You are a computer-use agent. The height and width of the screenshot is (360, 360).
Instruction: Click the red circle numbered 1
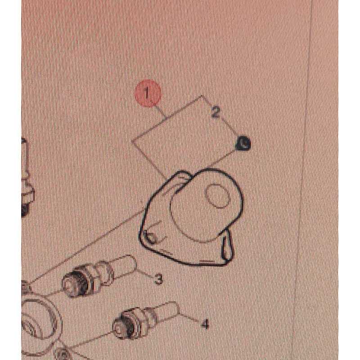(148, 93)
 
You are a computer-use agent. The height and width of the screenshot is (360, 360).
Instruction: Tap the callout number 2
(216, 112)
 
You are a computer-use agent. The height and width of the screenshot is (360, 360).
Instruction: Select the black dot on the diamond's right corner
(243, 144)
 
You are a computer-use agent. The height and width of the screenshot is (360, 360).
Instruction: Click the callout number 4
(205, 324)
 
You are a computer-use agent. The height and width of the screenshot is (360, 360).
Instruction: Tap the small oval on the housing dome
(217, 196)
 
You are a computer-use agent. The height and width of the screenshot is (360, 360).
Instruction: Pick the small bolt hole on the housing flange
(150, 237)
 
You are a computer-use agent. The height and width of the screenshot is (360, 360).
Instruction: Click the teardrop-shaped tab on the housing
(227, 245)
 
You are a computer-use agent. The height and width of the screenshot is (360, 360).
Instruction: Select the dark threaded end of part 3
(77, 282)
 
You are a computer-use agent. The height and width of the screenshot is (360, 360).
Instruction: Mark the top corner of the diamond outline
(202, 95)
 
